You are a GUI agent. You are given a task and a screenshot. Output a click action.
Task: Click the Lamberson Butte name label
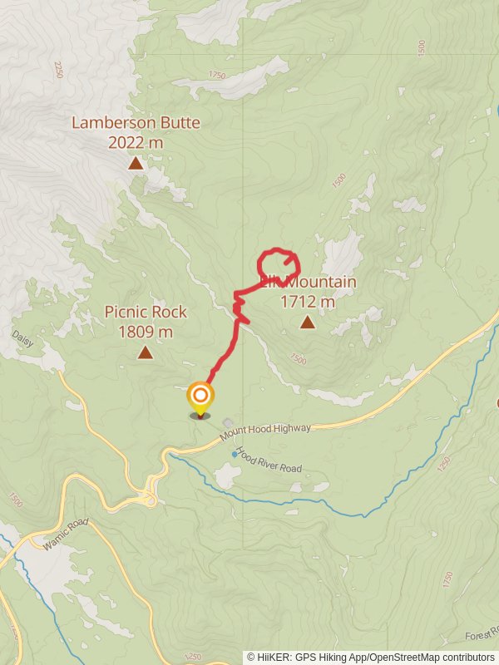(136, 123)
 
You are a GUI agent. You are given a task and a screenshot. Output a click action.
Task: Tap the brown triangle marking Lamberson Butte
(136, 164)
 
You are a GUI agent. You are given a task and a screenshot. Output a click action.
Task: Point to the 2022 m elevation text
(136, 142)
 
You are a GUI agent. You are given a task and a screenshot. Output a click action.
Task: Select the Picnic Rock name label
(146, 313)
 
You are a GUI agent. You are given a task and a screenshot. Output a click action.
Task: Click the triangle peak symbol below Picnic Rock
(146, 353)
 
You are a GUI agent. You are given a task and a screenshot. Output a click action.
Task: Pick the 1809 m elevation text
(146, 332)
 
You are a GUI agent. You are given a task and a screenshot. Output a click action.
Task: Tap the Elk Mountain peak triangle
(308, 323)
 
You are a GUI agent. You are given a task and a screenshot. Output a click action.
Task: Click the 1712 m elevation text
(308, 302)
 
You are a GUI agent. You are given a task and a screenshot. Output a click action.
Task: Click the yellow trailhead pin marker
(200, 397)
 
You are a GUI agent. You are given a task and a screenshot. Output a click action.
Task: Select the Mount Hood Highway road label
(266, 432)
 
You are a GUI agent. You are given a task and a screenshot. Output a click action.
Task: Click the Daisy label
(22, 338)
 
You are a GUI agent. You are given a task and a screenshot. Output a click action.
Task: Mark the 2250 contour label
(58, 68)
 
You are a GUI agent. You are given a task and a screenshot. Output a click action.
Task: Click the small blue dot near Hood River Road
(234, 454)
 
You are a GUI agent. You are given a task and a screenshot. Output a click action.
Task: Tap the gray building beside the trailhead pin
(228, 423)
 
